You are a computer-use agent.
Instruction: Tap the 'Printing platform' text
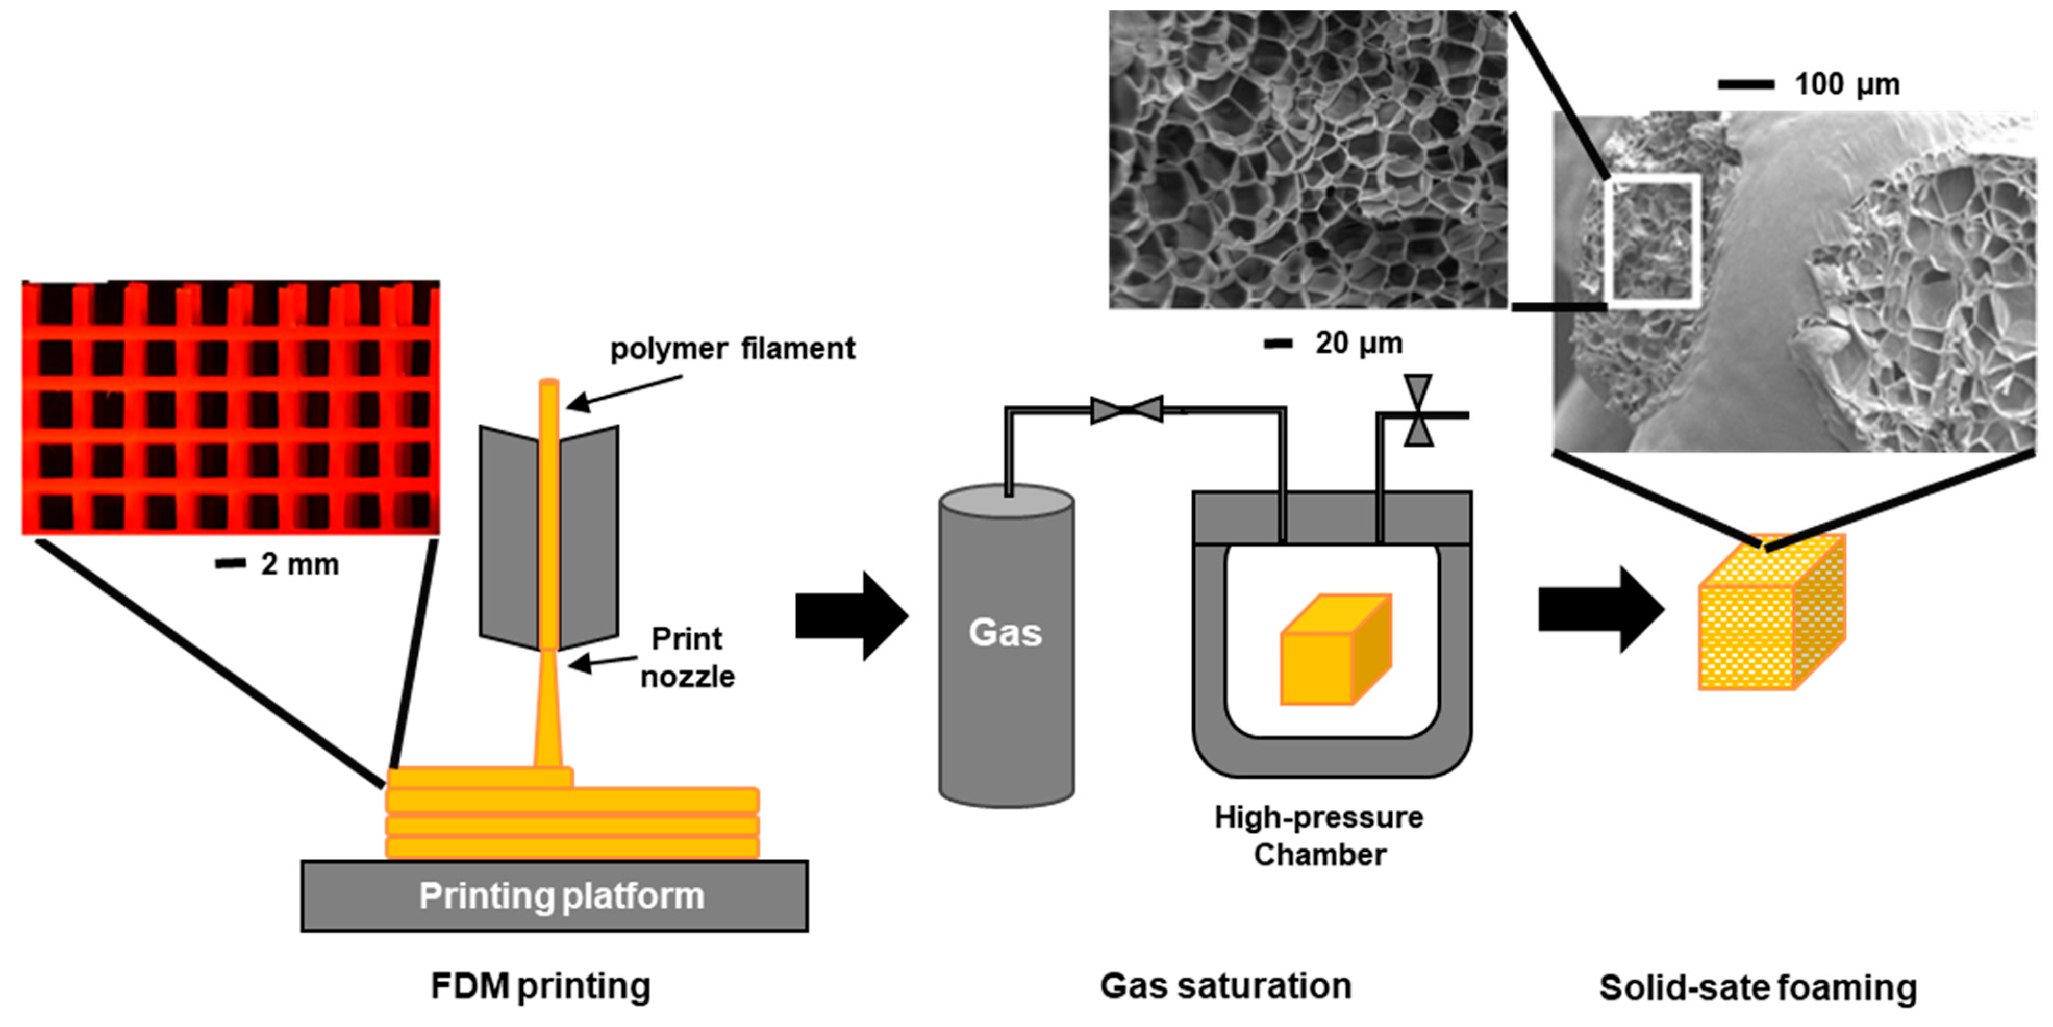pyautogui.click(x=562, y=895)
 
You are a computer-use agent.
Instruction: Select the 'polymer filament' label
pyautogui.click(x=732, y=348)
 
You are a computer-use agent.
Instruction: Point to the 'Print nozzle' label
pyautogui.click(x=687, y=657)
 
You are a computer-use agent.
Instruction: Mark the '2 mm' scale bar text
pyautogui.click(x=299, y=564)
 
